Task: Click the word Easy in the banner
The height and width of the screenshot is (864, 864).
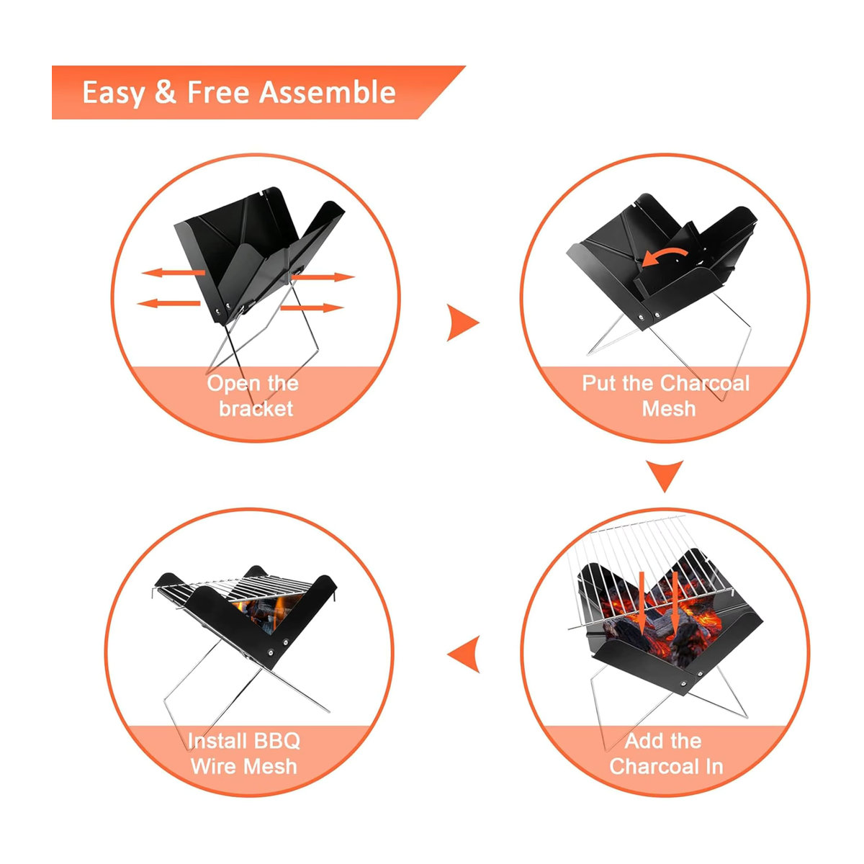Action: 113,94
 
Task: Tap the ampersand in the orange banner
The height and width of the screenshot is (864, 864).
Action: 166,92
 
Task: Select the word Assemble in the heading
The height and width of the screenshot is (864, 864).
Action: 328,92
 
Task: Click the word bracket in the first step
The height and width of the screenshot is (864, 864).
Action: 256,408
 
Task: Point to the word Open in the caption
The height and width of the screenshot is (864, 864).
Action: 233,384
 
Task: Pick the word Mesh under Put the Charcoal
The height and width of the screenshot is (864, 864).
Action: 668,408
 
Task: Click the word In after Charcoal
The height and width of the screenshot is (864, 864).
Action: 714,766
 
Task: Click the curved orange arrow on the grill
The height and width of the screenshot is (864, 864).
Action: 665,256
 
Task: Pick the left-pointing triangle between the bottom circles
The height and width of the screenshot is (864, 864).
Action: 464,654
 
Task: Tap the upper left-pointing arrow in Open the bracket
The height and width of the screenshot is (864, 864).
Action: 173,272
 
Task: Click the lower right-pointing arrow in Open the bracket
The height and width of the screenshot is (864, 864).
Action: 312,308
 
